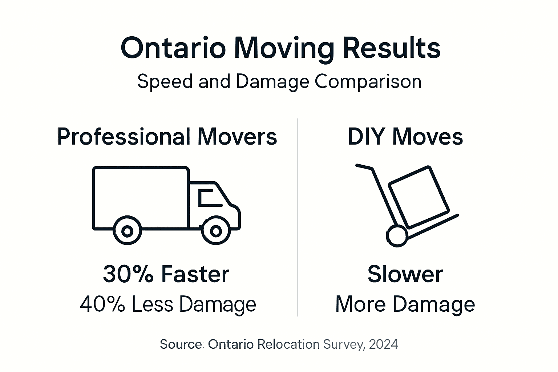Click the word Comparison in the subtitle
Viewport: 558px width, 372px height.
(x=368, y=81)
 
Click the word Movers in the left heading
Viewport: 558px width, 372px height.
(x=237, y=137)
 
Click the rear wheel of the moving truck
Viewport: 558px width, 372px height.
(x=127, y=231)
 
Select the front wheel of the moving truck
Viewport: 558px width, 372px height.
(x=216, y=231)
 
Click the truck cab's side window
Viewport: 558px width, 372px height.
(x=209, y=198)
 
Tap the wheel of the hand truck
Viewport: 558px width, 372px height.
(x=397, y=236)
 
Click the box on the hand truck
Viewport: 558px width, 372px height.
(x=418, y=196)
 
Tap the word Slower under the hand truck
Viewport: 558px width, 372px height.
(x=405, y=274)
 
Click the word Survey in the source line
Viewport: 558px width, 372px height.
(x=343, y=344)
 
